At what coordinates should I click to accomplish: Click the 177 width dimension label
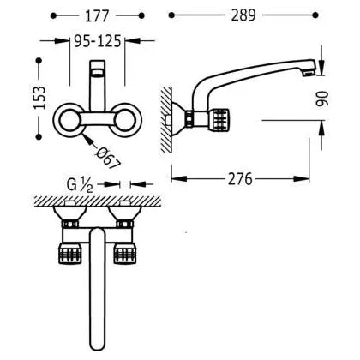click(x=97, y=16)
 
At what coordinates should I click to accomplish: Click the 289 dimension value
click(x=243, y=15)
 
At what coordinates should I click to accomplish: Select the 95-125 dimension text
click(x=98, y=41)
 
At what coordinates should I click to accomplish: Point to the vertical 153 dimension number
click(x=39, y=98)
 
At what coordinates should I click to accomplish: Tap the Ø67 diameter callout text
click(x=108, y=159)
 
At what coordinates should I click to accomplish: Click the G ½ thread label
click(x=80, y=185)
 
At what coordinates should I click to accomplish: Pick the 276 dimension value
click(x=240, y=179)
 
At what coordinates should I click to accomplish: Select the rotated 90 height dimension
click(x=322, y=99)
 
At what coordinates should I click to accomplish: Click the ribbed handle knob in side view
click(x=220, y=119)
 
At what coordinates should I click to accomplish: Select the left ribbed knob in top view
click(x=70, y=253)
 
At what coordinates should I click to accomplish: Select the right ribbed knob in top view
click(x=125, y=253)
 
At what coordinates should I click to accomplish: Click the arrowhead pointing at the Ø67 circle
click(x=88, y=139)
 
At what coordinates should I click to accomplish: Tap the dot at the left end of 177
click(x=53, y=15)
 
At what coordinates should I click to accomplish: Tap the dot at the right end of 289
click(x=315, y=15)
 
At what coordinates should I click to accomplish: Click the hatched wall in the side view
click(x=166, y=120)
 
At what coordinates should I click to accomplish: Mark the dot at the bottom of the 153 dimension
click(x=39, y=136)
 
